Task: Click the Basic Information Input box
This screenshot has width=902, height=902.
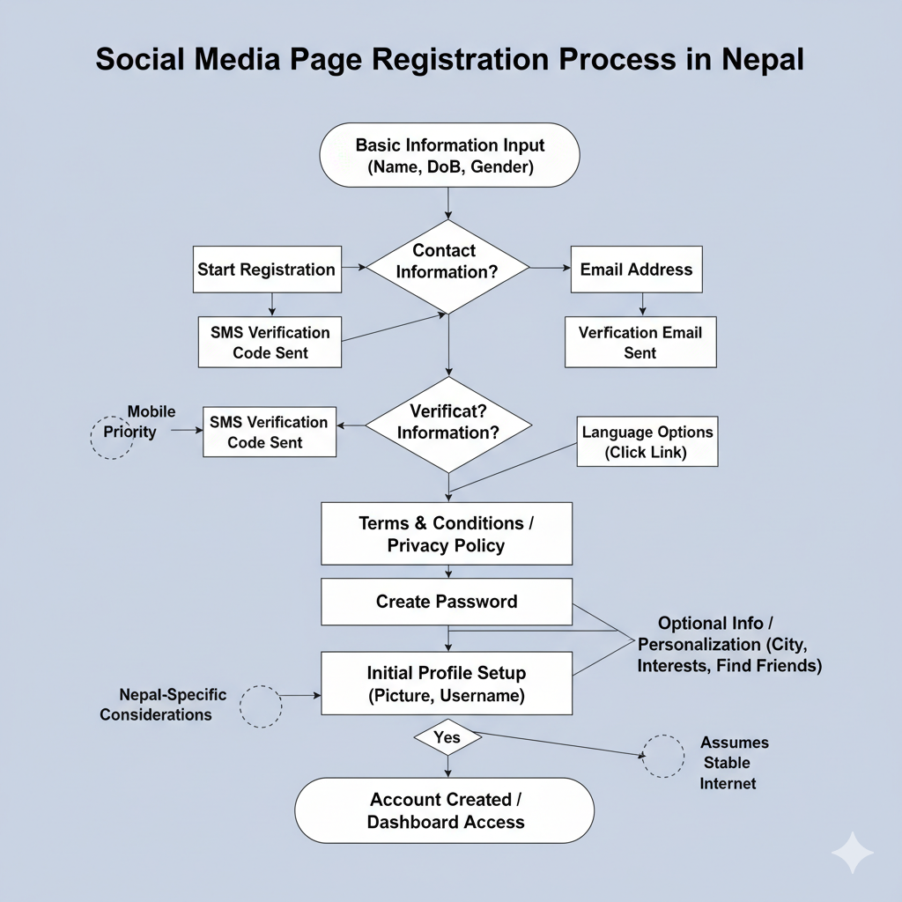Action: [x=448, y=155]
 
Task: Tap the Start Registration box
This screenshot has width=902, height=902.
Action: [x=266, y=270]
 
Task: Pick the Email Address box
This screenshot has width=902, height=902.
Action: [x=636, y=270]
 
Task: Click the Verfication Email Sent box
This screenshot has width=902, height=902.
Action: [x=640, y=343]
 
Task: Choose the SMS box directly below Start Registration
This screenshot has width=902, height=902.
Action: [x=270, y=343]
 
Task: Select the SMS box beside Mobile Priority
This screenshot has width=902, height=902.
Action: [x=269, y=432]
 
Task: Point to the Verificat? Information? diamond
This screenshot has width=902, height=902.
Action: [x=447, y=422]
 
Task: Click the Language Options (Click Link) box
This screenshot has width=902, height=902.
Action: [x=647, y=442]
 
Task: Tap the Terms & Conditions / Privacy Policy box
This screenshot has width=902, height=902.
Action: [x=447, y=534]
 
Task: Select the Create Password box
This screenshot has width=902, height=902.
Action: [x=447, y=602]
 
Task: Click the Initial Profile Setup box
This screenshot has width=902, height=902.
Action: [x=447, y=684]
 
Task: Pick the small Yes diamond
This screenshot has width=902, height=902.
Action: [x=447, y=737]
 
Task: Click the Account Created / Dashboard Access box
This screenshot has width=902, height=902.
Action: [x=445, y=810]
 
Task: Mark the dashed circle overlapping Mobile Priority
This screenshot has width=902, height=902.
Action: [x=113, y=437]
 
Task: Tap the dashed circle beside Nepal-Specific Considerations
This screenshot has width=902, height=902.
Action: [x=261, y=706]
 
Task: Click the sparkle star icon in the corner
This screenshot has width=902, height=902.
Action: [x=853, y=853]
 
